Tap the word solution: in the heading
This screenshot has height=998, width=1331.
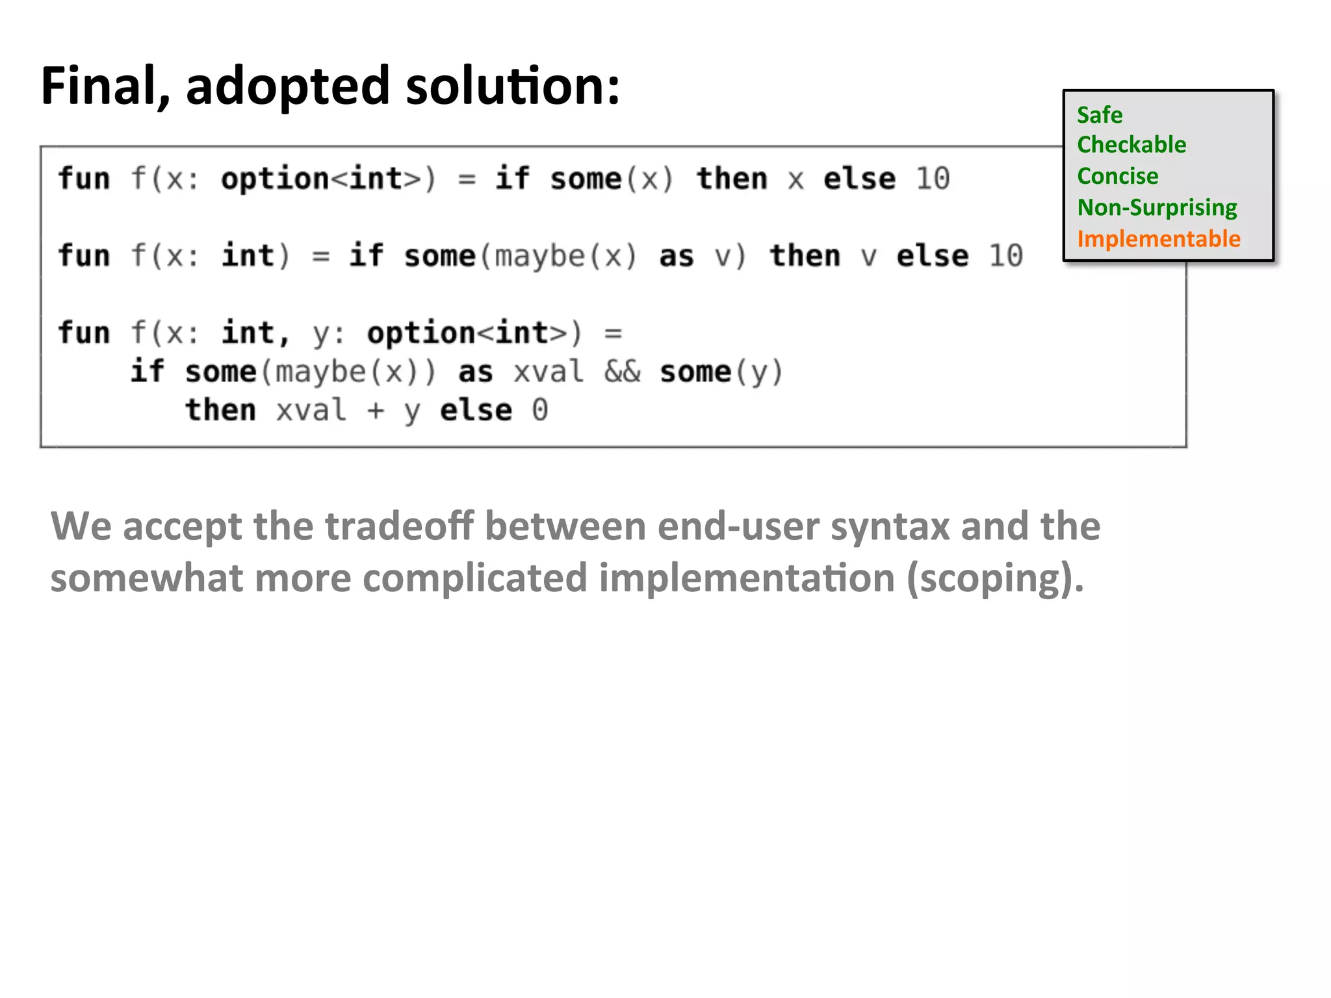coord(512,86)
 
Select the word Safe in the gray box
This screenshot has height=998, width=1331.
coord(1099,115)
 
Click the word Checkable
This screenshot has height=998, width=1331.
coord(1131,144)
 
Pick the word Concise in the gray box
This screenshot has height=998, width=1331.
coord(1117,176)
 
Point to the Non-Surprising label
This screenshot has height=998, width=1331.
coord(1157,207)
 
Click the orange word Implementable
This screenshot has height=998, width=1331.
coord(1158,238)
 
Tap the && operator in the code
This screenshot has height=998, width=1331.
coord(622,372)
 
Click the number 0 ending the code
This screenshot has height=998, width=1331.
coord(539,410)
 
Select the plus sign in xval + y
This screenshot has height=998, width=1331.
coord(375,411)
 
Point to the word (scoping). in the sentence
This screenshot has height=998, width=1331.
coord(995,578)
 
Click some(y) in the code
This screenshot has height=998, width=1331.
coord(721,372)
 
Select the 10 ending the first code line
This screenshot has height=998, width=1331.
coord(933,179)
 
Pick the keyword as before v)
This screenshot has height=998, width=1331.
coord(676,256)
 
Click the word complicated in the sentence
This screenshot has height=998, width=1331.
coord(475,578)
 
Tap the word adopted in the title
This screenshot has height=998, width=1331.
coord(287,86)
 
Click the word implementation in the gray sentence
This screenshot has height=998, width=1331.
coord(747,578)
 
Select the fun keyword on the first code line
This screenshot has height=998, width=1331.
coord(84,179)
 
